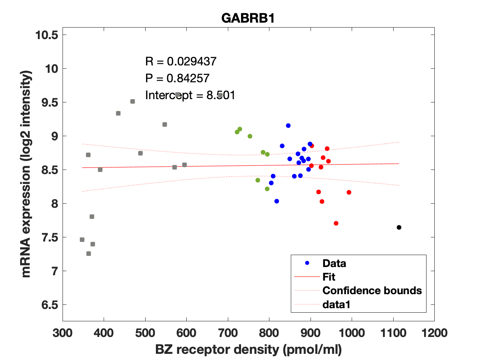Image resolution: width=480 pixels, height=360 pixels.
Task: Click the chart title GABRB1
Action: [x=248, y=19]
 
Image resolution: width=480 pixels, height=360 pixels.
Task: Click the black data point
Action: [x=399, y=228]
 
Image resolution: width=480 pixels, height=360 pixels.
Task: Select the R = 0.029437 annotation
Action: [x=181, y=62]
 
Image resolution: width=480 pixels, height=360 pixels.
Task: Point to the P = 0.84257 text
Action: [x=178, y=78]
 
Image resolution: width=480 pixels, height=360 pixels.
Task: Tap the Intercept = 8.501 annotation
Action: [x=190, y=95]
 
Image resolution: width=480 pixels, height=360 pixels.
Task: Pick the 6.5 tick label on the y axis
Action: [x=49, y=305]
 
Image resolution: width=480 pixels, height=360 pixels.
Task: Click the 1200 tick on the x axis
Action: [x=434, y=332]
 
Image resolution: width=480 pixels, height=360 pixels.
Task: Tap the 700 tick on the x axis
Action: [x=228, y=332]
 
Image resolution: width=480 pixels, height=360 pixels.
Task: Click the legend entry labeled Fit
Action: [x=329, y=277]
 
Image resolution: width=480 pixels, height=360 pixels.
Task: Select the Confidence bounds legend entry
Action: [x=372, y=290]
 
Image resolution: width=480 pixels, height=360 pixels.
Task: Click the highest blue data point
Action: [x=288, y=125]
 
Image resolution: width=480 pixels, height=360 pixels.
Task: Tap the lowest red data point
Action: [x=336, y=223]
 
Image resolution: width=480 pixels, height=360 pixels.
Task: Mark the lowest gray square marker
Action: [x=88, y=253]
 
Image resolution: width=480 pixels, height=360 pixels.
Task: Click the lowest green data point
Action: [x=267, y=189]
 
